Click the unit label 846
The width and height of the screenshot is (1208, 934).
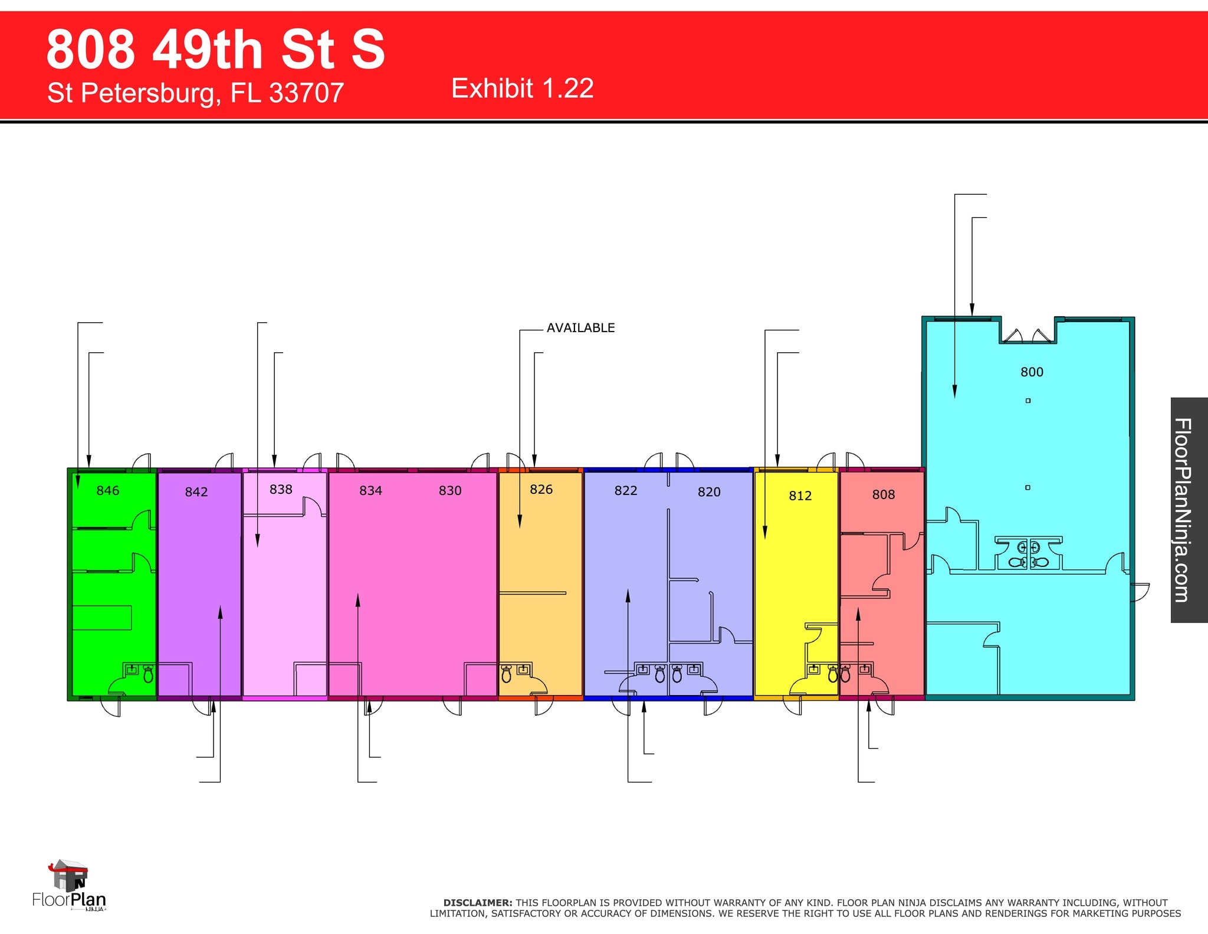point(107,490)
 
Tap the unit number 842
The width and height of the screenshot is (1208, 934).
point(196,492)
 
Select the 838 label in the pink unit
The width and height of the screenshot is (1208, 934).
point(281,489)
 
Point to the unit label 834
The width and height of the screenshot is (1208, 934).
point(371,490)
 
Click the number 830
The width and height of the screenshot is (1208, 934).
point(450,490)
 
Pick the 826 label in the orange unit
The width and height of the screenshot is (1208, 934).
point(541,489)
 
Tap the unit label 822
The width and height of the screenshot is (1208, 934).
point(626,490)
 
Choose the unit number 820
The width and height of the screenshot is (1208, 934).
point(709,492)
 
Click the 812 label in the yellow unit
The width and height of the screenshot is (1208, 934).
point(800,496)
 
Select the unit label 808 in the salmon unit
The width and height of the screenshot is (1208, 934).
point(884,494)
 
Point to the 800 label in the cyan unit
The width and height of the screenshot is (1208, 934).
point(1032,372)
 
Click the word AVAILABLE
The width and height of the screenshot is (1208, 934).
point(580,328)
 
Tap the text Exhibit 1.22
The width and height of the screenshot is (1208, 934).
point(523,89)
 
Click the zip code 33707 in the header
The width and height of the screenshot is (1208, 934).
point(307,93)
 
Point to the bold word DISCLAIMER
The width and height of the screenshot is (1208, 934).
point(478,903)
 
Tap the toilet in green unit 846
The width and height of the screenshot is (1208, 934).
point(148,674)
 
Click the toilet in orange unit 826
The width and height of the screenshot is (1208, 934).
point(506,674)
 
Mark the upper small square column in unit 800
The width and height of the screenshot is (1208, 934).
point(1028,401)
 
